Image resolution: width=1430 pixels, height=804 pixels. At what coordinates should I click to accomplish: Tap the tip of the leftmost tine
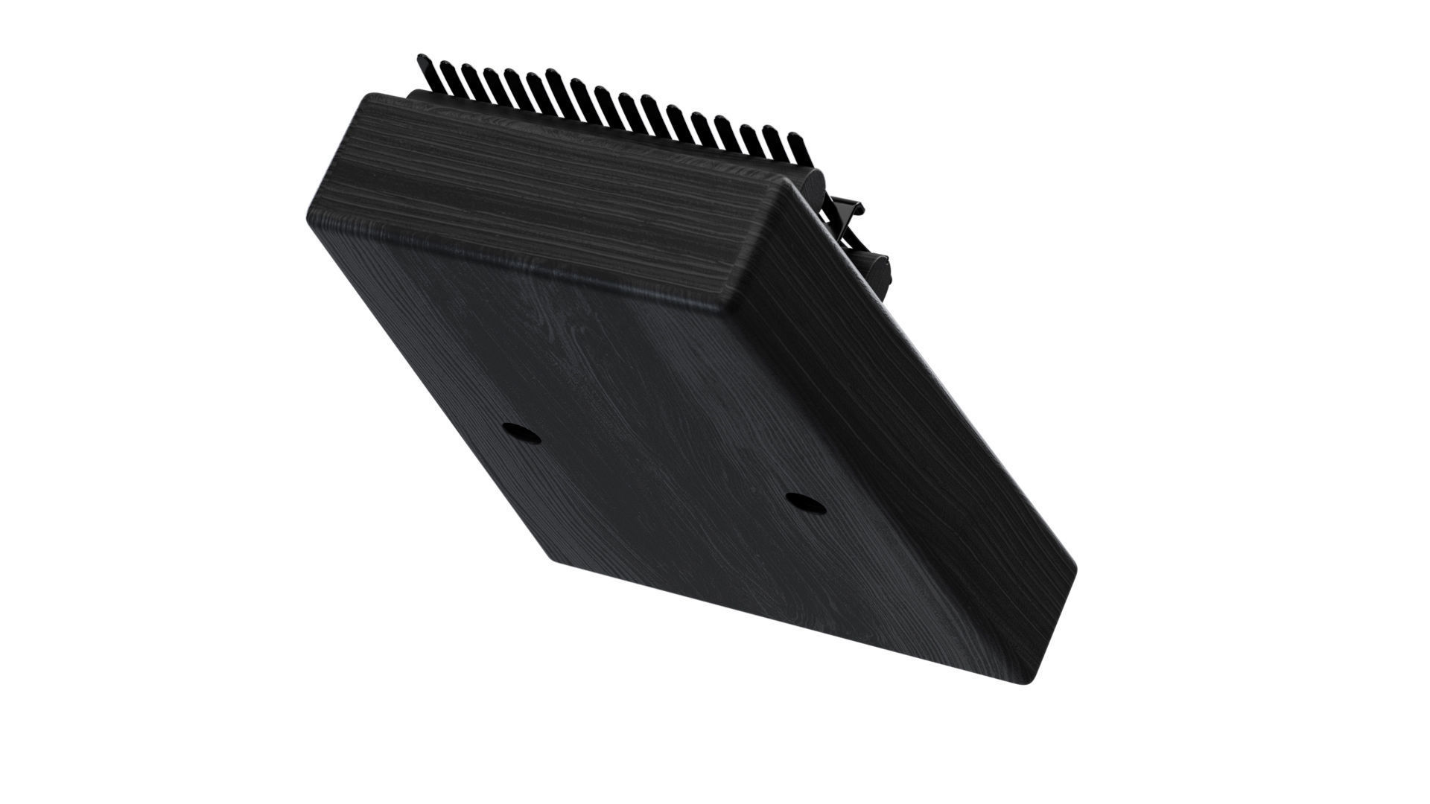422,57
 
